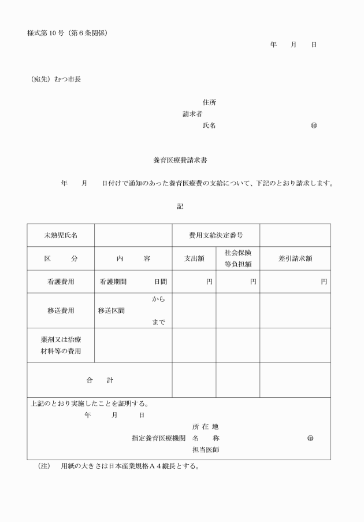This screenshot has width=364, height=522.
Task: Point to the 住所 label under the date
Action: pos(209,102)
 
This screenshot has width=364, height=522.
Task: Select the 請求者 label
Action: pos(192,114)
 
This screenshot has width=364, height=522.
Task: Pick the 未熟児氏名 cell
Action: pos(61,235)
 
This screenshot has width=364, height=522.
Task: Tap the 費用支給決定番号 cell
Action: pos(216,235)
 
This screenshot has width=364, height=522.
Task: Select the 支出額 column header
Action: pos(194,258)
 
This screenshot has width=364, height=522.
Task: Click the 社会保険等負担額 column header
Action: pos(238,258)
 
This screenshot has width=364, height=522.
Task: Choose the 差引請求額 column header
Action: pos(295,258)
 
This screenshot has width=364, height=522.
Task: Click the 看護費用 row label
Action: pos(61,282)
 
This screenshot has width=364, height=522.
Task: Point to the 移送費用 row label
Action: pos(61,310)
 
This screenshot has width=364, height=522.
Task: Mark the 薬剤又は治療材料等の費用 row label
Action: pos(61,345)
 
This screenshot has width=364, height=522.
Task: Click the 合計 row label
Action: pos(99,380)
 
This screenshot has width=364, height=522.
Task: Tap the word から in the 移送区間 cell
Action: pos(158,299)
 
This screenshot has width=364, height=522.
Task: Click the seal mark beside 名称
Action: pos(310,438)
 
